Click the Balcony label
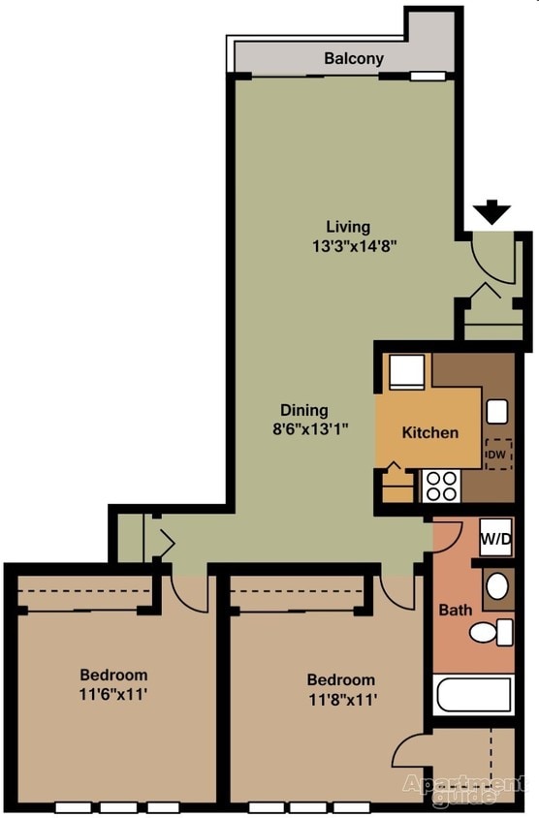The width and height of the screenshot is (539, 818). pyautogui.click(x=354, y=58)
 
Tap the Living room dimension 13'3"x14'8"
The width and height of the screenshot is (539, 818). pyautogui.click(x=355, y=246)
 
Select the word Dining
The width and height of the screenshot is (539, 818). pyautogui.click(x=304, y=410)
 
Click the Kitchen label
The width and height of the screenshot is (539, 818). pyautogui.click(x=429, y=432)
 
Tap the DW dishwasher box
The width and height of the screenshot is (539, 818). pyautogui.click(x=497, y=454)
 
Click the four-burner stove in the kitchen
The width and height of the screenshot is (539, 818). pyautogui.click(x=441, y=485)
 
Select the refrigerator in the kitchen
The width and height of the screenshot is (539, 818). pyautogui.click(x=405, y=372)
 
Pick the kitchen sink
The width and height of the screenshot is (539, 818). pyautogui.click(x=496, y=411)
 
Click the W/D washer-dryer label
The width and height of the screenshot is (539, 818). pyautogui.click(x=496, y=537)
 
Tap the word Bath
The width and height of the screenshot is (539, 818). pyautogui.click(x=455, y=611)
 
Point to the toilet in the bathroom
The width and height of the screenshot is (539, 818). pyautogui.click(x=492, y=633)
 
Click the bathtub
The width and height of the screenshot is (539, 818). pyautogui.click(x=474, y=696)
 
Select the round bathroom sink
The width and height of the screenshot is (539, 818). pyautogui.click(x=496, y=585)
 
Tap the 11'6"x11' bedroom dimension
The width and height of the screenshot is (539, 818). pyautogui.click(x=112, y=694)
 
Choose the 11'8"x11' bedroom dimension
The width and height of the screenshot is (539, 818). pyautogui.click(x=340, y=699)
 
